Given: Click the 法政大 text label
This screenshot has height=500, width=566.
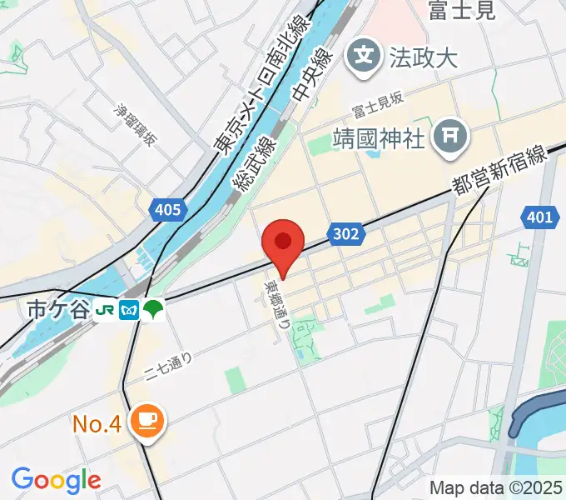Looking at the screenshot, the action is tap(424, 58).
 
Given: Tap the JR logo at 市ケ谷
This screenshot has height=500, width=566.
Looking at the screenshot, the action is tap(106, 310).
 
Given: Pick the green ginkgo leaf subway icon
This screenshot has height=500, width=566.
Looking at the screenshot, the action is tap(154, 310).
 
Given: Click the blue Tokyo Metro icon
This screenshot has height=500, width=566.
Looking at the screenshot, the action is tap(130, 310).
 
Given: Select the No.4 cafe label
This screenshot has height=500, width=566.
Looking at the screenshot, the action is tap(97, 423).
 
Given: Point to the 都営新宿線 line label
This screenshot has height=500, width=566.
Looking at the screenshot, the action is tap(499, 169).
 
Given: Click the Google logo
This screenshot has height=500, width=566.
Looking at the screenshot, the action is tap(56, 480).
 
